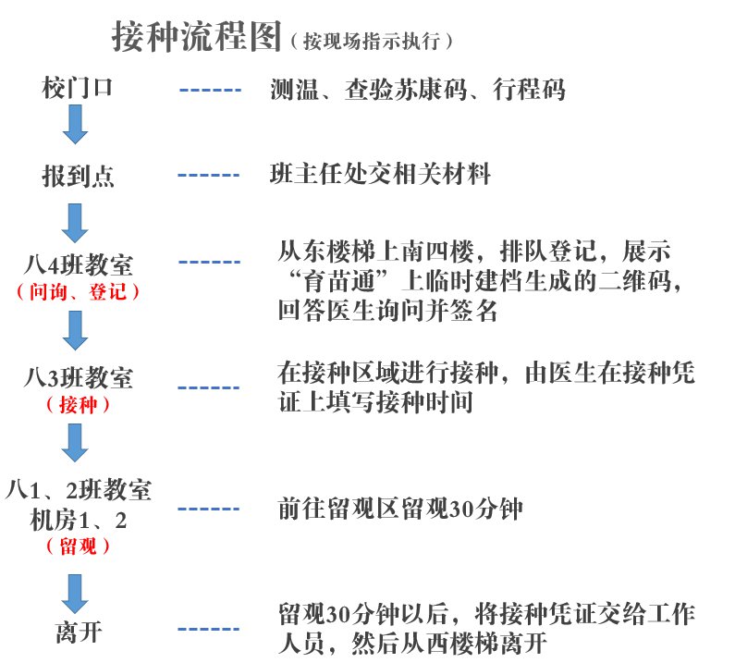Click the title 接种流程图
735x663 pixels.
coord(194,38)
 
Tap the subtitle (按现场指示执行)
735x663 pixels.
coord(370,41)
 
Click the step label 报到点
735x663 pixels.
coord(78,176)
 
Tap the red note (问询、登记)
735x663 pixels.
coord(78,292)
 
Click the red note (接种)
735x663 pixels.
coord(78,405)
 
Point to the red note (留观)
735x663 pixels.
coord(78,546)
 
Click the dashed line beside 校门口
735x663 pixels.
coord(209,91)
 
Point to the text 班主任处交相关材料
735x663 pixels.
coord(379,174)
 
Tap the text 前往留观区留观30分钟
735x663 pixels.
coord(407,510)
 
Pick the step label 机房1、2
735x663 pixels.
coord(80,519)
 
